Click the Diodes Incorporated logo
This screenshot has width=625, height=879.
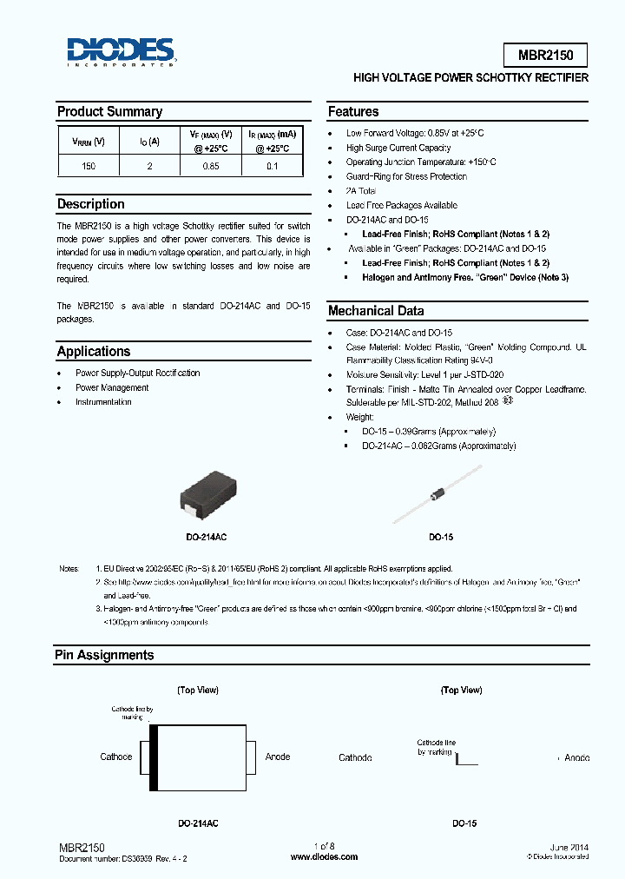click(x=122, y=52)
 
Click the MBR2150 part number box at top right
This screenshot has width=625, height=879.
click(x=545, y=55)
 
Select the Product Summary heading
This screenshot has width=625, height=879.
click(x=109, y=112)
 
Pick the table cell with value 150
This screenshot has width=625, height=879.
click(x=89, y=165)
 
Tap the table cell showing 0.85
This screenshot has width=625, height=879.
click(x=211, y=165)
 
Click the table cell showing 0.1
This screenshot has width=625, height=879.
click(x=273, y=165)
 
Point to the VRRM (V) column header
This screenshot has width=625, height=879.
click(x=89, y=141)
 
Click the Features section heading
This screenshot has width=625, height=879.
click(x=353, y=112)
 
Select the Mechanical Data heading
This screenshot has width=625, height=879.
click(x=376, y=311)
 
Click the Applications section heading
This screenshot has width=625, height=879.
click(x=94, y=352)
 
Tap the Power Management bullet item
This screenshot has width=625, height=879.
click(x=112, y=387)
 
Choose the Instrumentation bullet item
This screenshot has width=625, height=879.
click(x=103, y=401)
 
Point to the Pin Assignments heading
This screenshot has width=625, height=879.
click(x=104, y=656)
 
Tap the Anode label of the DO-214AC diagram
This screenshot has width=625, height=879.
click(x=278, y=757)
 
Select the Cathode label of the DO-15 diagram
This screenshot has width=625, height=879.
click(x=355, y=757)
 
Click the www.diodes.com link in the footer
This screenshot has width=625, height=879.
click(x=324, y=856)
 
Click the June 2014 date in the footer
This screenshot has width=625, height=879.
click(x=569, y=846)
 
